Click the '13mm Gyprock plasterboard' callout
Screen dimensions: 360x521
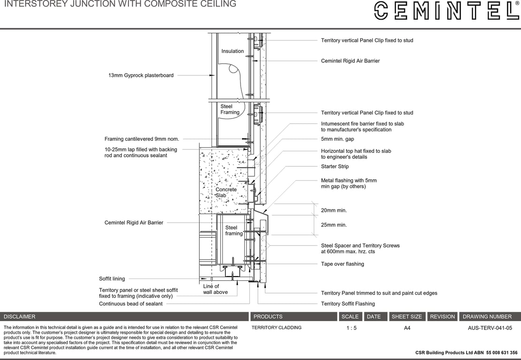141,75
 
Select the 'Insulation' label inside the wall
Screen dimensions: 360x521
233,51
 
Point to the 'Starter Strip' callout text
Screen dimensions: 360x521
334,166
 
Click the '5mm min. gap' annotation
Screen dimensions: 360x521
337,139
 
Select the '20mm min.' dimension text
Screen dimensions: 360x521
333,211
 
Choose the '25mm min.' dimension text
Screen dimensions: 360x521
333,225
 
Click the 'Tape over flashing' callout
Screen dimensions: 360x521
342,264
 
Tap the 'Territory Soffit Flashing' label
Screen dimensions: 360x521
347,304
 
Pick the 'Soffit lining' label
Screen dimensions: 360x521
112,279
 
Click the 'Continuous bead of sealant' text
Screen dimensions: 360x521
130,304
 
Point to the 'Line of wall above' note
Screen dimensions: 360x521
215,289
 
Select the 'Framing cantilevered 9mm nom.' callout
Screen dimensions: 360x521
142,139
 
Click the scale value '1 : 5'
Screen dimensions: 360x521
351,328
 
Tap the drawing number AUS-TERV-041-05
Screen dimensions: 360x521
490,328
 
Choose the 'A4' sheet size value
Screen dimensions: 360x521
407,328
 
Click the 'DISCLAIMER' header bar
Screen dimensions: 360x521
124,316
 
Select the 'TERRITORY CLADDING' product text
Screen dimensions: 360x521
276,328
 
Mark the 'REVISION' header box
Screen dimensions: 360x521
442,316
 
